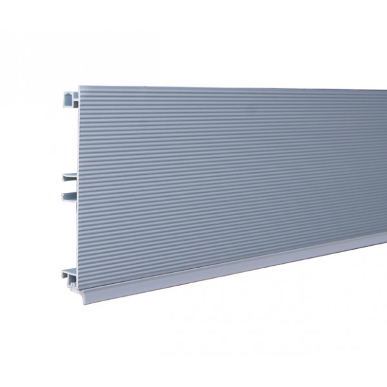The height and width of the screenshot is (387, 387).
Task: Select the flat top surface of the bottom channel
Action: click(x=69, y=269)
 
